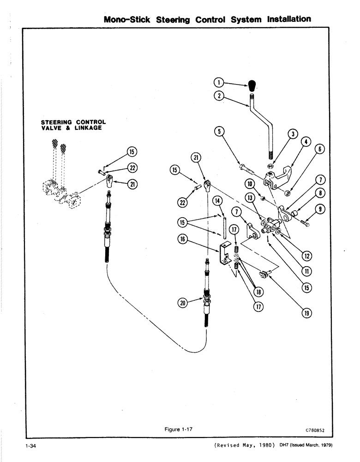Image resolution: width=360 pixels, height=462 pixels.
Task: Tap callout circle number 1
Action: (219, 83)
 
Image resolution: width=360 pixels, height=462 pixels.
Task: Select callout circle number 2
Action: (219, 97)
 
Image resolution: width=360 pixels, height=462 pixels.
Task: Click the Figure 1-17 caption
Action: (178, 429)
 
